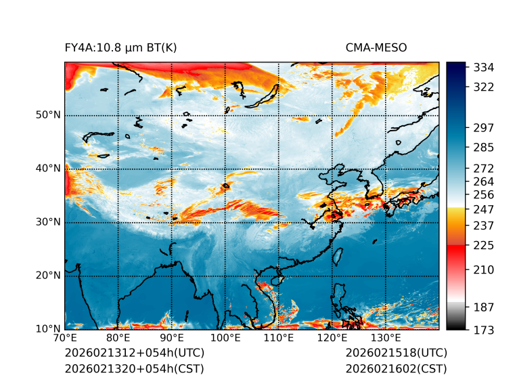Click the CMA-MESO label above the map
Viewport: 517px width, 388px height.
coord(376,47)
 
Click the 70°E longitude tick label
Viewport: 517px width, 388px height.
coord(65,339)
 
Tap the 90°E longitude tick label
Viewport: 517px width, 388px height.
coord(172,339)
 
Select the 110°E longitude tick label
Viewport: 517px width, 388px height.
coord(279,339)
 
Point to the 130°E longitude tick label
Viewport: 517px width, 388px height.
coord(386,339)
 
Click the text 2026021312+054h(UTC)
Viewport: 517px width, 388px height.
coord(134,353)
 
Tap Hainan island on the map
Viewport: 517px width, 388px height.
coord(276,280)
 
